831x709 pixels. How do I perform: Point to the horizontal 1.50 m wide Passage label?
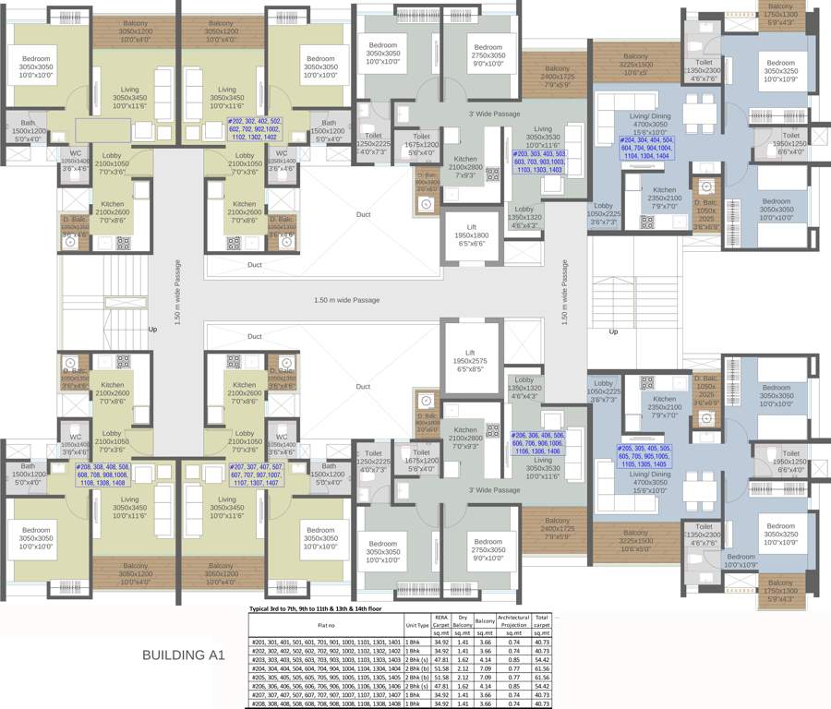pyautogui.click(x=346, y=300)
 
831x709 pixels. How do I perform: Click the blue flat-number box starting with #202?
pyautogui.click(x=255, y=128)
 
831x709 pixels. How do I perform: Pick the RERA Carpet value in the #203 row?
pyautogui.click(x=441, y=660)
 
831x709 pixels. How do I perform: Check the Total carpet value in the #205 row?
pyautogui.click(x=543, y=678)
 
